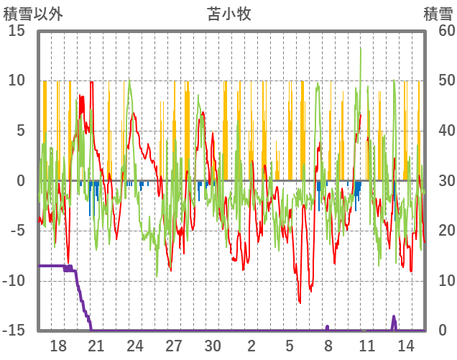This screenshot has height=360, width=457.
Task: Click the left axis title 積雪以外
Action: pos(34,13)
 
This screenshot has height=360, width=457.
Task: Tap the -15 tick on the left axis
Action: pos(15,331)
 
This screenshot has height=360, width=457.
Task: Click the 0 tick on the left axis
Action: pos(21,181)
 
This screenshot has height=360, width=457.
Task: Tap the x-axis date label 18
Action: pos(58,346)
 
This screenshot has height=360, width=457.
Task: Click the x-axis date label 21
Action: pos(96,346)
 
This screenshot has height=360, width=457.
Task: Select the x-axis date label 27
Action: pos(174,346)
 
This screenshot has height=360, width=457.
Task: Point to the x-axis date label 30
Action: pos(213,346)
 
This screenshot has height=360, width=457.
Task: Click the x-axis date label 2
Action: pos(251,346)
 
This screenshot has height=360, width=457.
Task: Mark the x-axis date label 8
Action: pos(328,346)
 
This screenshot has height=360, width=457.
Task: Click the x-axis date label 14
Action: pos(405,346)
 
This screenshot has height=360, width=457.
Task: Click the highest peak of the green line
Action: pos(360,48)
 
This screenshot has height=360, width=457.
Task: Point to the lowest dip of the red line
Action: pos(300,303)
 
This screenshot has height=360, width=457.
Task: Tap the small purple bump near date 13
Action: pos(394,317)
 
